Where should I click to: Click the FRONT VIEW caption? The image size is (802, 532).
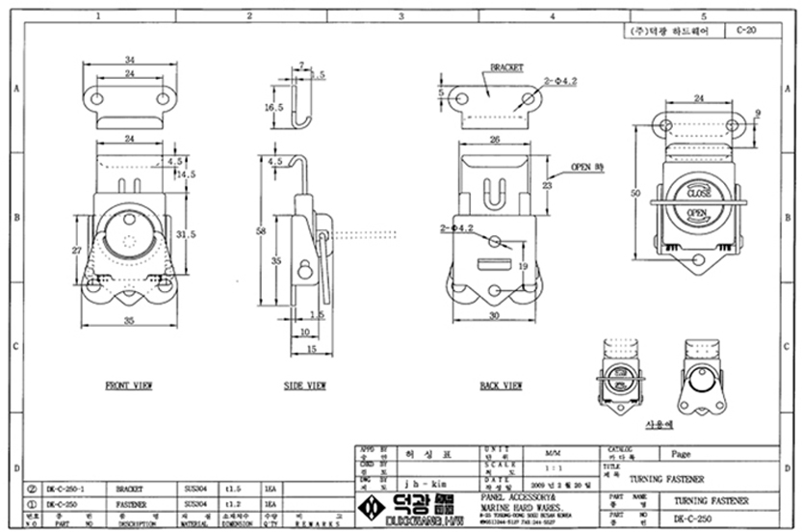[x=129, y=386]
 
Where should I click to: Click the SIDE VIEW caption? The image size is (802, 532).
[x=304, y=386]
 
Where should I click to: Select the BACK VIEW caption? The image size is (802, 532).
[x=501, y=386]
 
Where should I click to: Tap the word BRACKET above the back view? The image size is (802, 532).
[x=506, y=68]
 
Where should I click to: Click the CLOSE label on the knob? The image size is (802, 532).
[x=699, y=193]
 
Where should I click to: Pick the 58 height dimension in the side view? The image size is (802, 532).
[x=263, y=231]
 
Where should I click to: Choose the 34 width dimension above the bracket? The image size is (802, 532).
[x=129, y=62]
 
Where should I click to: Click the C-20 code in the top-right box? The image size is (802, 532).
[x=745, y=31]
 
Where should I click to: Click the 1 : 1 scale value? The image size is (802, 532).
[x=554, y=465]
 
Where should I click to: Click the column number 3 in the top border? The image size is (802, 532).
[x=401, y=16]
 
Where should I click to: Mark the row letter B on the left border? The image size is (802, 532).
[x=15, y=218]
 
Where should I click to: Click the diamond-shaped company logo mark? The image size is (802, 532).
[x=368, y=507]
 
